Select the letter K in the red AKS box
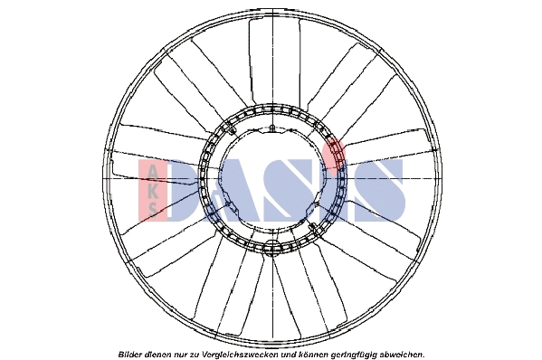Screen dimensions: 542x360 coord(152,191)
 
